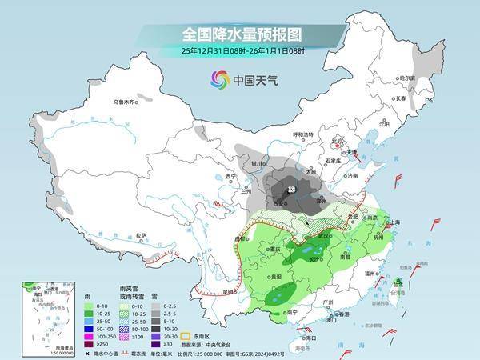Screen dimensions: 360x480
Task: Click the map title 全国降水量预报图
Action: (239, 34)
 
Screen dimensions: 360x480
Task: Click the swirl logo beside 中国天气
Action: (220, 79)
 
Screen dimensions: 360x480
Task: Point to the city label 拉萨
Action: (141, 235)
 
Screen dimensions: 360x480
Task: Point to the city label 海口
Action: (311, 338)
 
